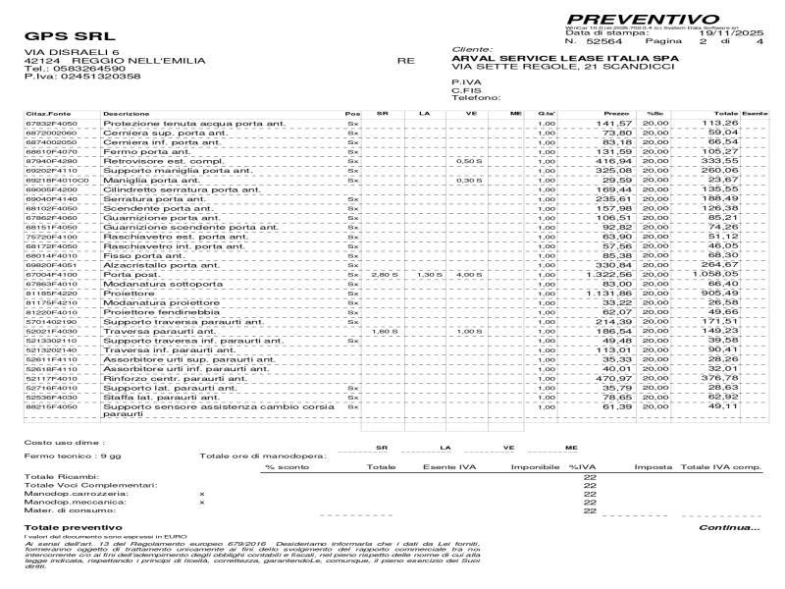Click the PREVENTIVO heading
click(x=643, y=19)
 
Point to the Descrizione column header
click(x=127, y=114)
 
